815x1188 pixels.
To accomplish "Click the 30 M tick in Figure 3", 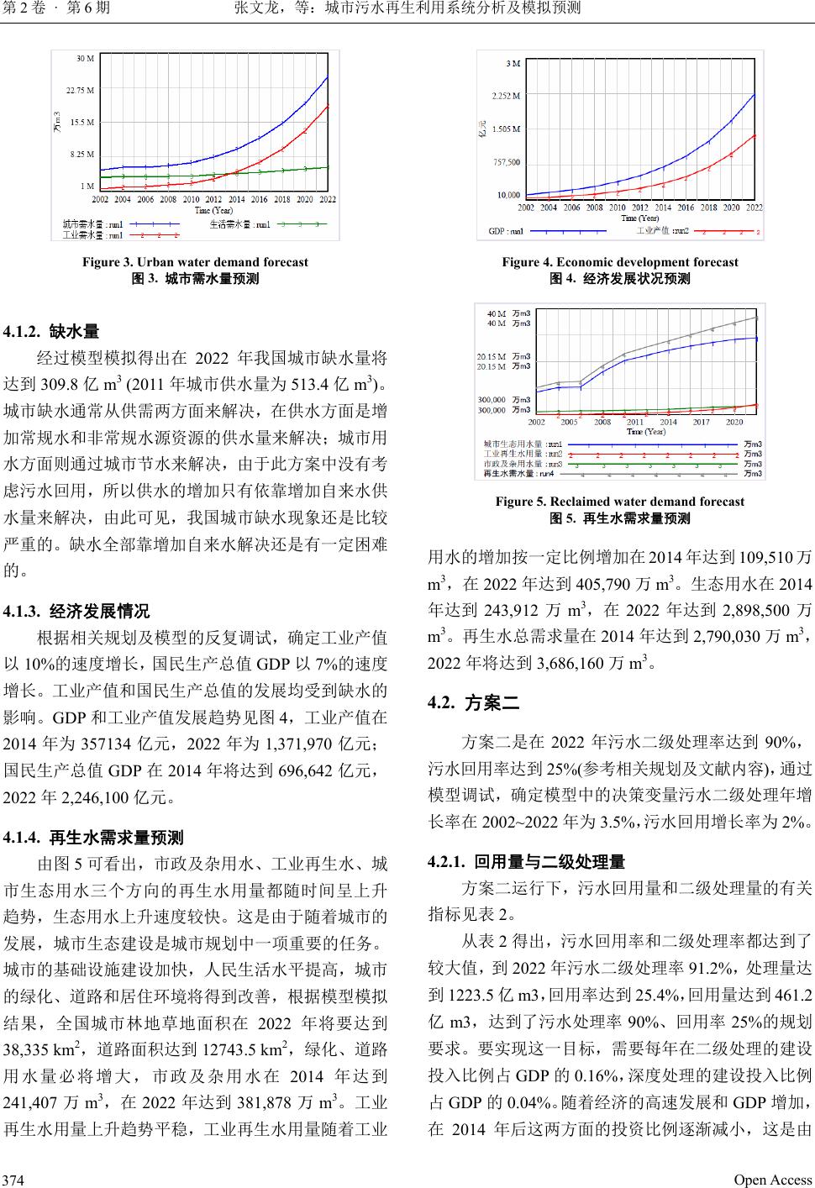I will [85, 59].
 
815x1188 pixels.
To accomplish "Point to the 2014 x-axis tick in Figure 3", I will [236, 199].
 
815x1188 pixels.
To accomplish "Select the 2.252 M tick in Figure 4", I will [506, 96].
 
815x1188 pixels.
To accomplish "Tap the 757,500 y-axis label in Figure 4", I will [506, 162].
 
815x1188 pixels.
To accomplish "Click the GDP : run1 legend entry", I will [506, 230].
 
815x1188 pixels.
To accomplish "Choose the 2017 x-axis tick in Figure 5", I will [701, 422].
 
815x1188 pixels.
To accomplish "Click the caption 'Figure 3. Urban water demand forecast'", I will [195, 262].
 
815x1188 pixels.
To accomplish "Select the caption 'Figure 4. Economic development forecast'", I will [620, 262].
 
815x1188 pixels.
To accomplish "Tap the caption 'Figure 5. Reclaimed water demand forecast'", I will [620, 502].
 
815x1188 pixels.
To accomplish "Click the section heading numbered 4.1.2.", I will [52, 331].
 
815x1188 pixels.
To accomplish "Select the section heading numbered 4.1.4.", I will [94, 838].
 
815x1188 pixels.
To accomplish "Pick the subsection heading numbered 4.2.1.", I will [527, 862].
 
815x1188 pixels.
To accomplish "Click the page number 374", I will [13, 1180].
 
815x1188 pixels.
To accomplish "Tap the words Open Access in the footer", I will [773, 1180].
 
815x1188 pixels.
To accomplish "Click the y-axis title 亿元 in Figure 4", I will [482, 130].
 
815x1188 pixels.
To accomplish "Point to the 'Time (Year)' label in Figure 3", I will [210, 210].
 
